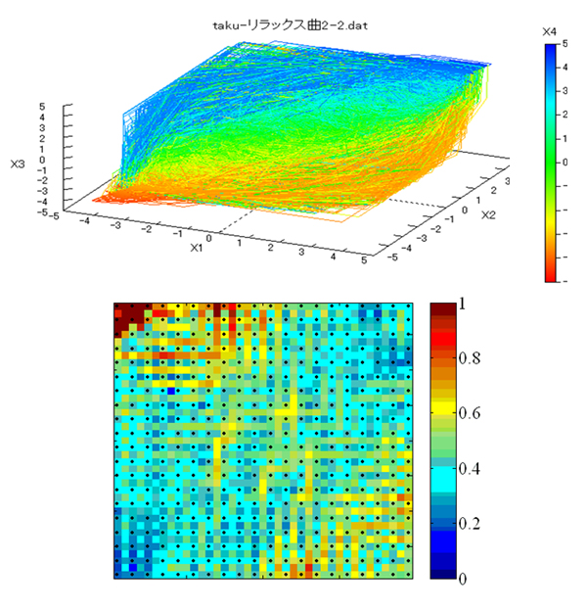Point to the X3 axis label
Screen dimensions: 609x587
click(x=18, y=164)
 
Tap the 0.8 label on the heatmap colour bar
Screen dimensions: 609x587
click(x=471, y=358)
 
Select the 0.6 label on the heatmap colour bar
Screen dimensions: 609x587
click(x=471, y=413)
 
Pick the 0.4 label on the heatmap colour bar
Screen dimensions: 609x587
click(x=471, y=469)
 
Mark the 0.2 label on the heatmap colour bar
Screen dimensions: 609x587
click(x=471, y=524)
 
